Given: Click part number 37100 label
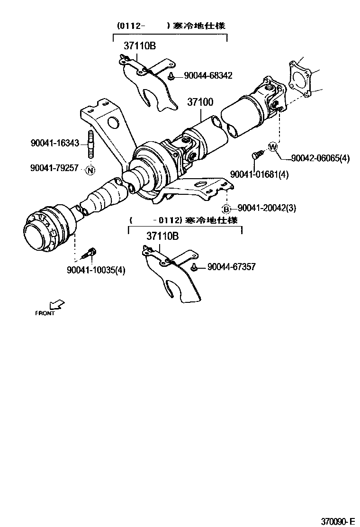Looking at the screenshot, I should point(200,102).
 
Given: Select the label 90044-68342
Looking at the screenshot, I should point(208,75).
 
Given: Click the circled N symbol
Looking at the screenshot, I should point(90,169).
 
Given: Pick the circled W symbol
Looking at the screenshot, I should point(273,146).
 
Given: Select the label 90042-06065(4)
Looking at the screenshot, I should point(320,159).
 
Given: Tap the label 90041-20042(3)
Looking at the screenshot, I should point(266,208).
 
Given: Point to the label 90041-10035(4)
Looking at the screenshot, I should point(96,270).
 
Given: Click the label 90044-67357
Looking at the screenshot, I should point(231,267).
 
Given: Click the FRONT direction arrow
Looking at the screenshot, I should point(57,304).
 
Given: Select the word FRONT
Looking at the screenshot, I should point(45,313).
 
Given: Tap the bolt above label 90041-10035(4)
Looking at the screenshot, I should point(90,253).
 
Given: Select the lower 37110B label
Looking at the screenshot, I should point(162,236).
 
